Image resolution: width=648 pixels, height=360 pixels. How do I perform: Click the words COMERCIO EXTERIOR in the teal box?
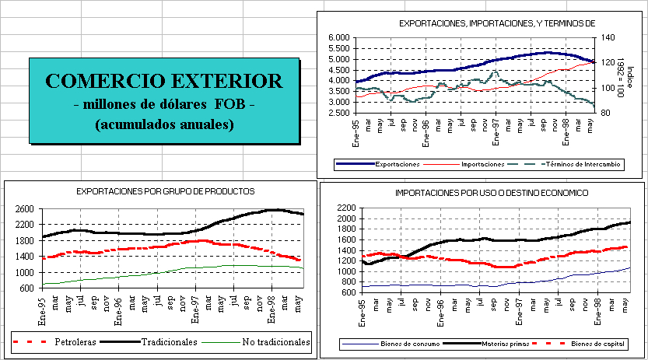(x=163, y=81)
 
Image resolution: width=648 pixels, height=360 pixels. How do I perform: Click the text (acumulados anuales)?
(x=163, y=124)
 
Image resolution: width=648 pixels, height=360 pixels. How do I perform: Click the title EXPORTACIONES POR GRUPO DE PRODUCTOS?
(x=165, y=190)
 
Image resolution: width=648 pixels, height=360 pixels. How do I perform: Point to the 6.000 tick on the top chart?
(x=340, y=37)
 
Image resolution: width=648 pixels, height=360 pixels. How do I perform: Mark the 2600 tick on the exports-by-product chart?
(x=24, y=208)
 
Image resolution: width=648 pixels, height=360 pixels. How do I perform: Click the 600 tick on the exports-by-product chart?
(x=26, y=288)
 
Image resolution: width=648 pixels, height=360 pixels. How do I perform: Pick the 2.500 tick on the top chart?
(x=340, y=113)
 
